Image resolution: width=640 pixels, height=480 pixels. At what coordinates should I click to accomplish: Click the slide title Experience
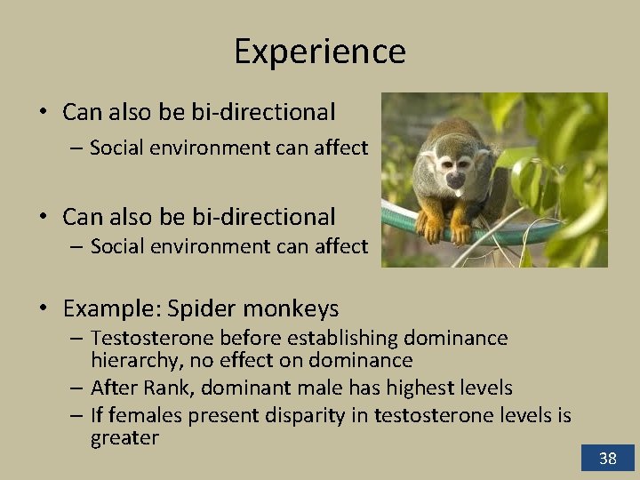point(320,52)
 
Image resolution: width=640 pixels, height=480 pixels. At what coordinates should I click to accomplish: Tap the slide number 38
point(607,458)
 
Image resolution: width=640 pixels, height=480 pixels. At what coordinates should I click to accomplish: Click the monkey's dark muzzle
point(454,181)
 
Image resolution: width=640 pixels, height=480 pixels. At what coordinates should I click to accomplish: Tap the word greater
point(124,437)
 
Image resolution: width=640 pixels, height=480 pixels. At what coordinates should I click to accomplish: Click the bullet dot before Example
point(43,309)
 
